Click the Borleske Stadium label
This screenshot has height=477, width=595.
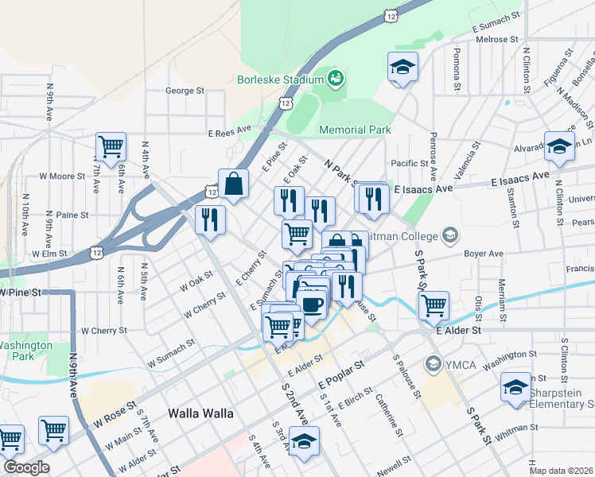click(x=281, y=79)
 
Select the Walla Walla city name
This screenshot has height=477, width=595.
click(x=201, y=413)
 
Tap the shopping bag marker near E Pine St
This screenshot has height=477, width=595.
click(x=234, y=184)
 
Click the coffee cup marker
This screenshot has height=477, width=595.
click(x=312, y=303)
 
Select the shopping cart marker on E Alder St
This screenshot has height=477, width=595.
click(x=434, y=304)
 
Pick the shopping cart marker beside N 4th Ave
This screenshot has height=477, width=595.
click(x=111, y=146)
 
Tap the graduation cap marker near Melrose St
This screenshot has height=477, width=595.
click(x=402, y=67)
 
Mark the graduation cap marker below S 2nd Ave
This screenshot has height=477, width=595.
click(x=303, y=441)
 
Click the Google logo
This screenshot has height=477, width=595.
click(x=25, y=467)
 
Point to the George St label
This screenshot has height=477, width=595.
click(x=185, y=91)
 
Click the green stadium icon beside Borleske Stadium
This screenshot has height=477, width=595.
click(x=336, y=78)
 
